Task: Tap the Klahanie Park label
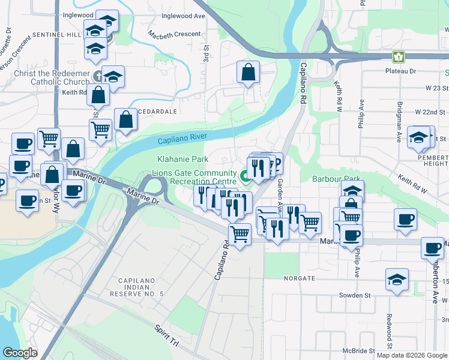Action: click(x=182, y=160)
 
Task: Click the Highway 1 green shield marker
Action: click(x=398, y=57)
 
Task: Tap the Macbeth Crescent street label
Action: click(x=174, y=34)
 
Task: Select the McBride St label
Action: click(x=360, y=350)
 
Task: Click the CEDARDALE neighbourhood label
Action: click(x=158, y=112)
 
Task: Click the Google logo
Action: click(x=20, y=353)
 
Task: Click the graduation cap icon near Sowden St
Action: click(x=397, y=280)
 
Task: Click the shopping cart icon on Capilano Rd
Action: click(x=240, y=234)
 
